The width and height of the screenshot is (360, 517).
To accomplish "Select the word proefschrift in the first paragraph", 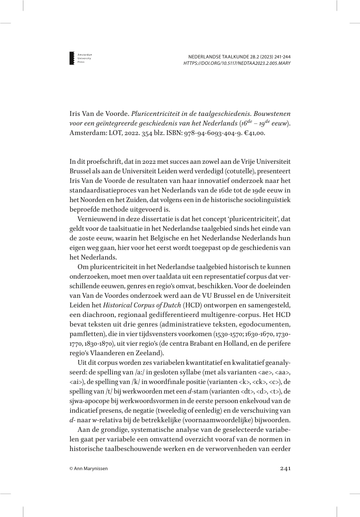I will click(x=100, y=161).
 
